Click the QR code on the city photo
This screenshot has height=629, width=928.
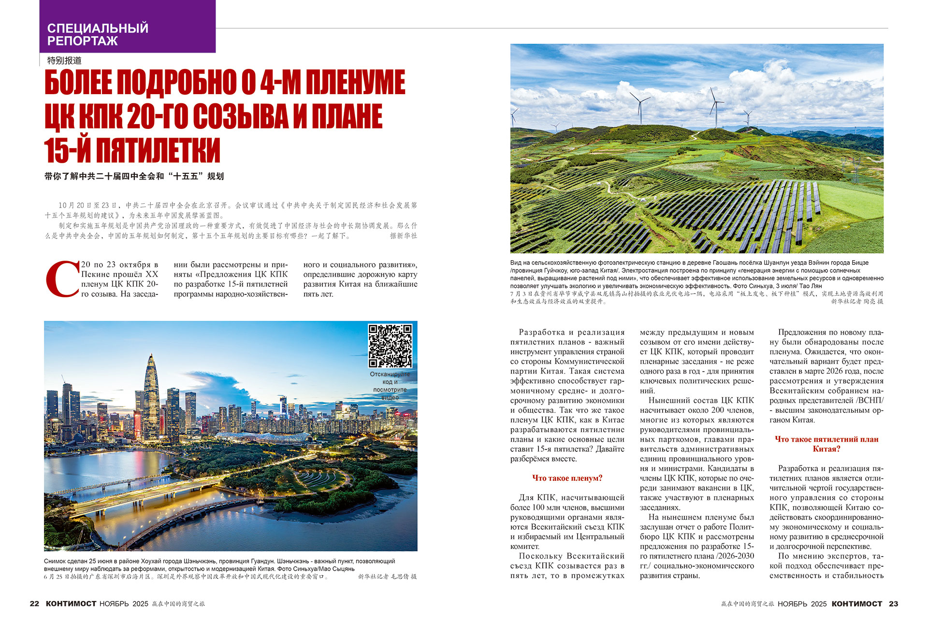coord(390,346)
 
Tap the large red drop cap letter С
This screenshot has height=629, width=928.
coord(62,279)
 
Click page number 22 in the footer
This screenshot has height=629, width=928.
coord(34,603)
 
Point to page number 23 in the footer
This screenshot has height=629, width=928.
coord(893,603)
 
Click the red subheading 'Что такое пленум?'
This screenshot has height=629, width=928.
coord(567,478)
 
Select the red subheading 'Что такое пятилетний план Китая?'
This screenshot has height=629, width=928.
coord(826,444)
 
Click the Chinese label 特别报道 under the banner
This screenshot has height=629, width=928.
coord(64,61)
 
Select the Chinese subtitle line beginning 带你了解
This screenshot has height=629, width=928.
coord(134,177)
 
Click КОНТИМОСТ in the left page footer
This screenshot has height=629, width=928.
coord(71,603)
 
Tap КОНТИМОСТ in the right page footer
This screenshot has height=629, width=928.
coord(856,603)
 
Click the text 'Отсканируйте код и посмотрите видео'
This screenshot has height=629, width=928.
coord(390,385)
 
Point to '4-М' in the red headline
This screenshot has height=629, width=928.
coord(280,82)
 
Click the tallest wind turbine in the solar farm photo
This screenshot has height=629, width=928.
coord(714,106)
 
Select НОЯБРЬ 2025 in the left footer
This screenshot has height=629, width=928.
coord(124,603)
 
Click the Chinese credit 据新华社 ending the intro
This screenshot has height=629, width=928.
coord(403,236)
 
